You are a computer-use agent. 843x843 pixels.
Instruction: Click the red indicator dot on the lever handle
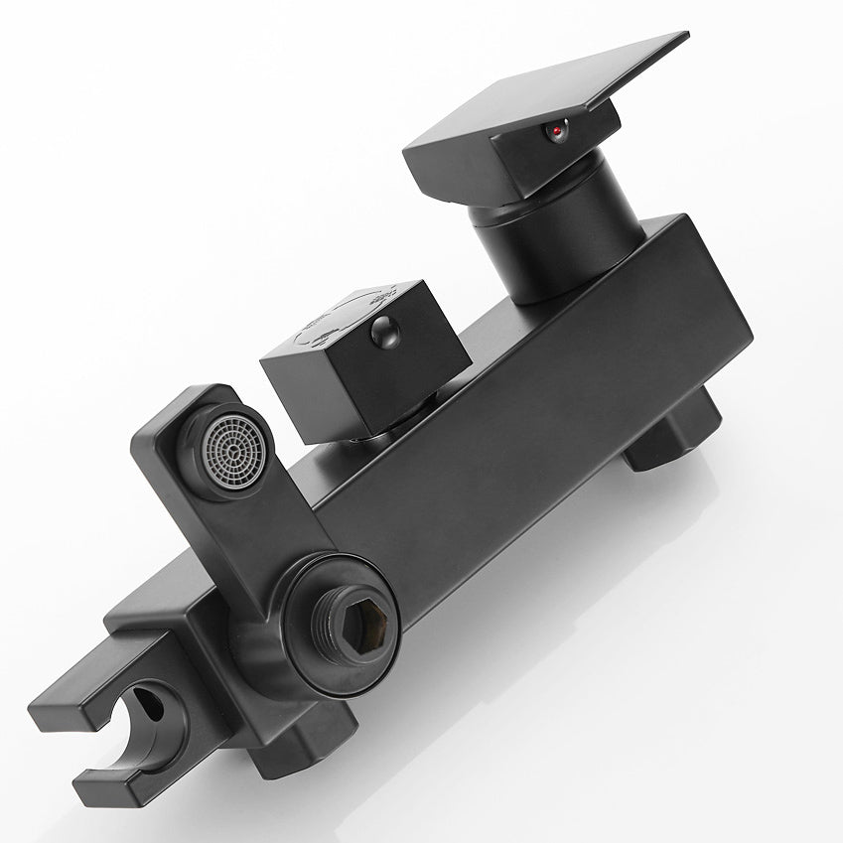coord(557,130)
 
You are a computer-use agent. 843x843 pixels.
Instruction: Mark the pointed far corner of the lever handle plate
coord(685,38)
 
